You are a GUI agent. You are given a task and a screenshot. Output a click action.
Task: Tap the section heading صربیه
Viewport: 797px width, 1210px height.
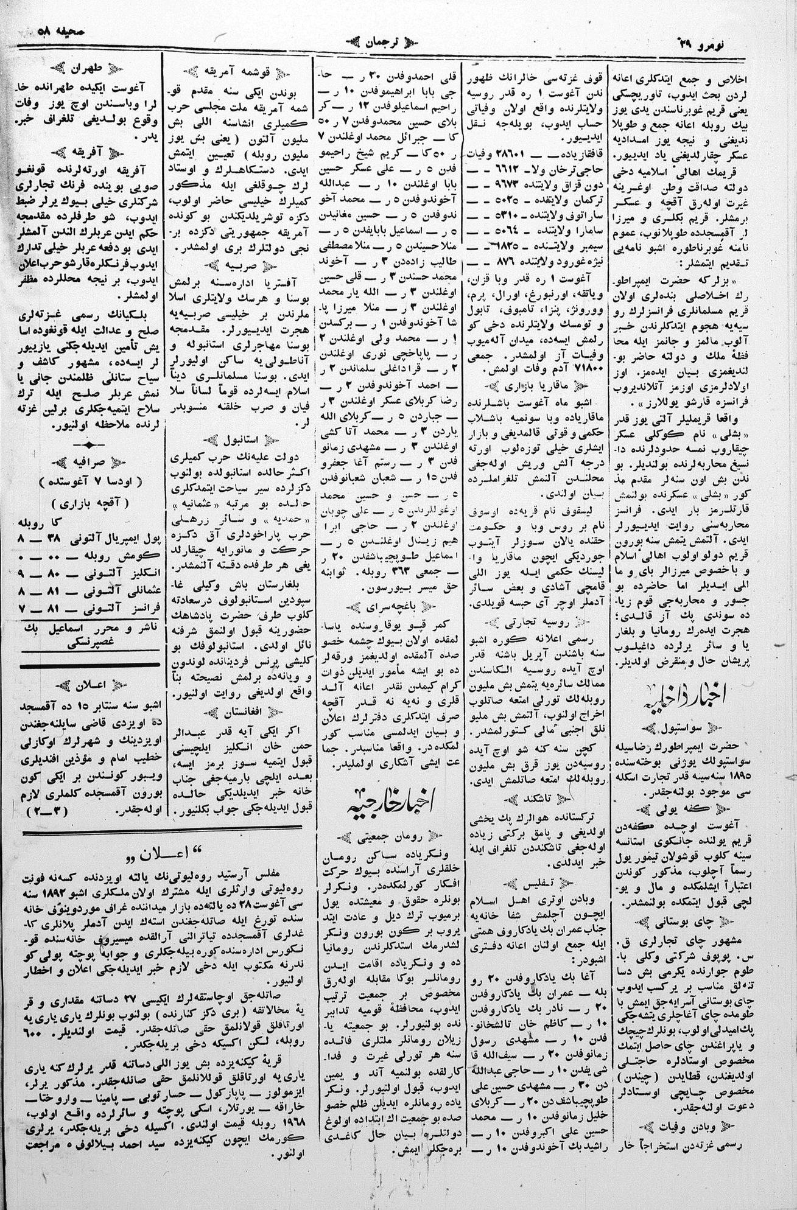[237, 265]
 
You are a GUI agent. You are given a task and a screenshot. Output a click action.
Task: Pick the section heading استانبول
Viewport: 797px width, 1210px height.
[237, 439]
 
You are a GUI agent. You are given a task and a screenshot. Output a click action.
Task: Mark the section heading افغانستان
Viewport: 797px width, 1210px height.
[237, 708]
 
